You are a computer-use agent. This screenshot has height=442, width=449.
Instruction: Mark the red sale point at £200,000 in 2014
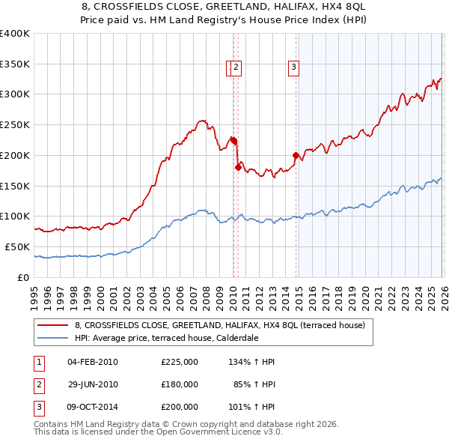tap(296, 156)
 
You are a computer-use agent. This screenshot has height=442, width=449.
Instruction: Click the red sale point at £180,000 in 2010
tap(238, 167)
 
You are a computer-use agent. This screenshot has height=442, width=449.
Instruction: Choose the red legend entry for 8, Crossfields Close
tap(219, 325)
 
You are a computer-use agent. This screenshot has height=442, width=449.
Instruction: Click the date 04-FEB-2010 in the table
tap(92, 362)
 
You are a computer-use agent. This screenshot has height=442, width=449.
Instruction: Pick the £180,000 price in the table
tap(179, 384)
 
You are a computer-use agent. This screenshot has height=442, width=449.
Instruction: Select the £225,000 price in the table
tap(179, 362)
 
